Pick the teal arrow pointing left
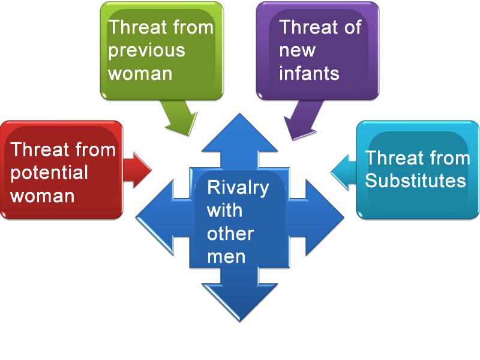click(x=343, y=164)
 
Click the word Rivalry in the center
click(x=238, y=187)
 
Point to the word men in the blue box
click(x=226, y=256)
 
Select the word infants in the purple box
click(x=310, y=73)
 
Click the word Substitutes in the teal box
click(x=416, y=181)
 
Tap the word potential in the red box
click(x=50, y=173)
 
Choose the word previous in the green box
click(x=146, y=50)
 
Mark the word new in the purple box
click(x=297, y=50)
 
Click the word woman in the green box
click(x=140, y=73)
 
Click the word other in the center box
click(x=230, y=233)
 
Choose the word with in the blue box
click(x=224, y=210)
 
